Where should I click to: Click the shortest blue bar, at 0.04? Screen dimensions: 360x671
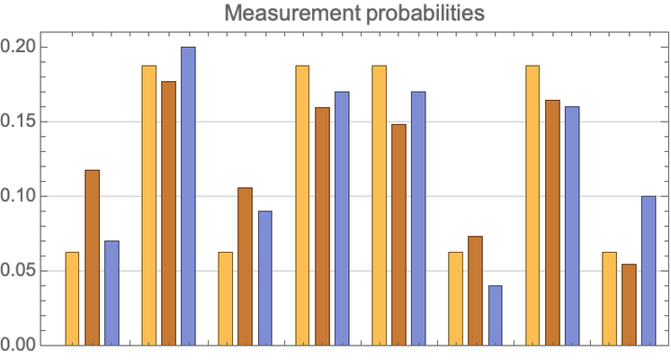click(496, 315)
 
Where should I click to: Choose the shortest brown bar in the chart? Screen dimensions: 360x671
click(630, 304)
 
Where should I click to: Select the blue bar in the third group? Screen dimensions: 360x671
click(264, 278)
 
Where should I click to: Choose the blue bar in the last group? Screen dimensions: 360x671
click(649, 270)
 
